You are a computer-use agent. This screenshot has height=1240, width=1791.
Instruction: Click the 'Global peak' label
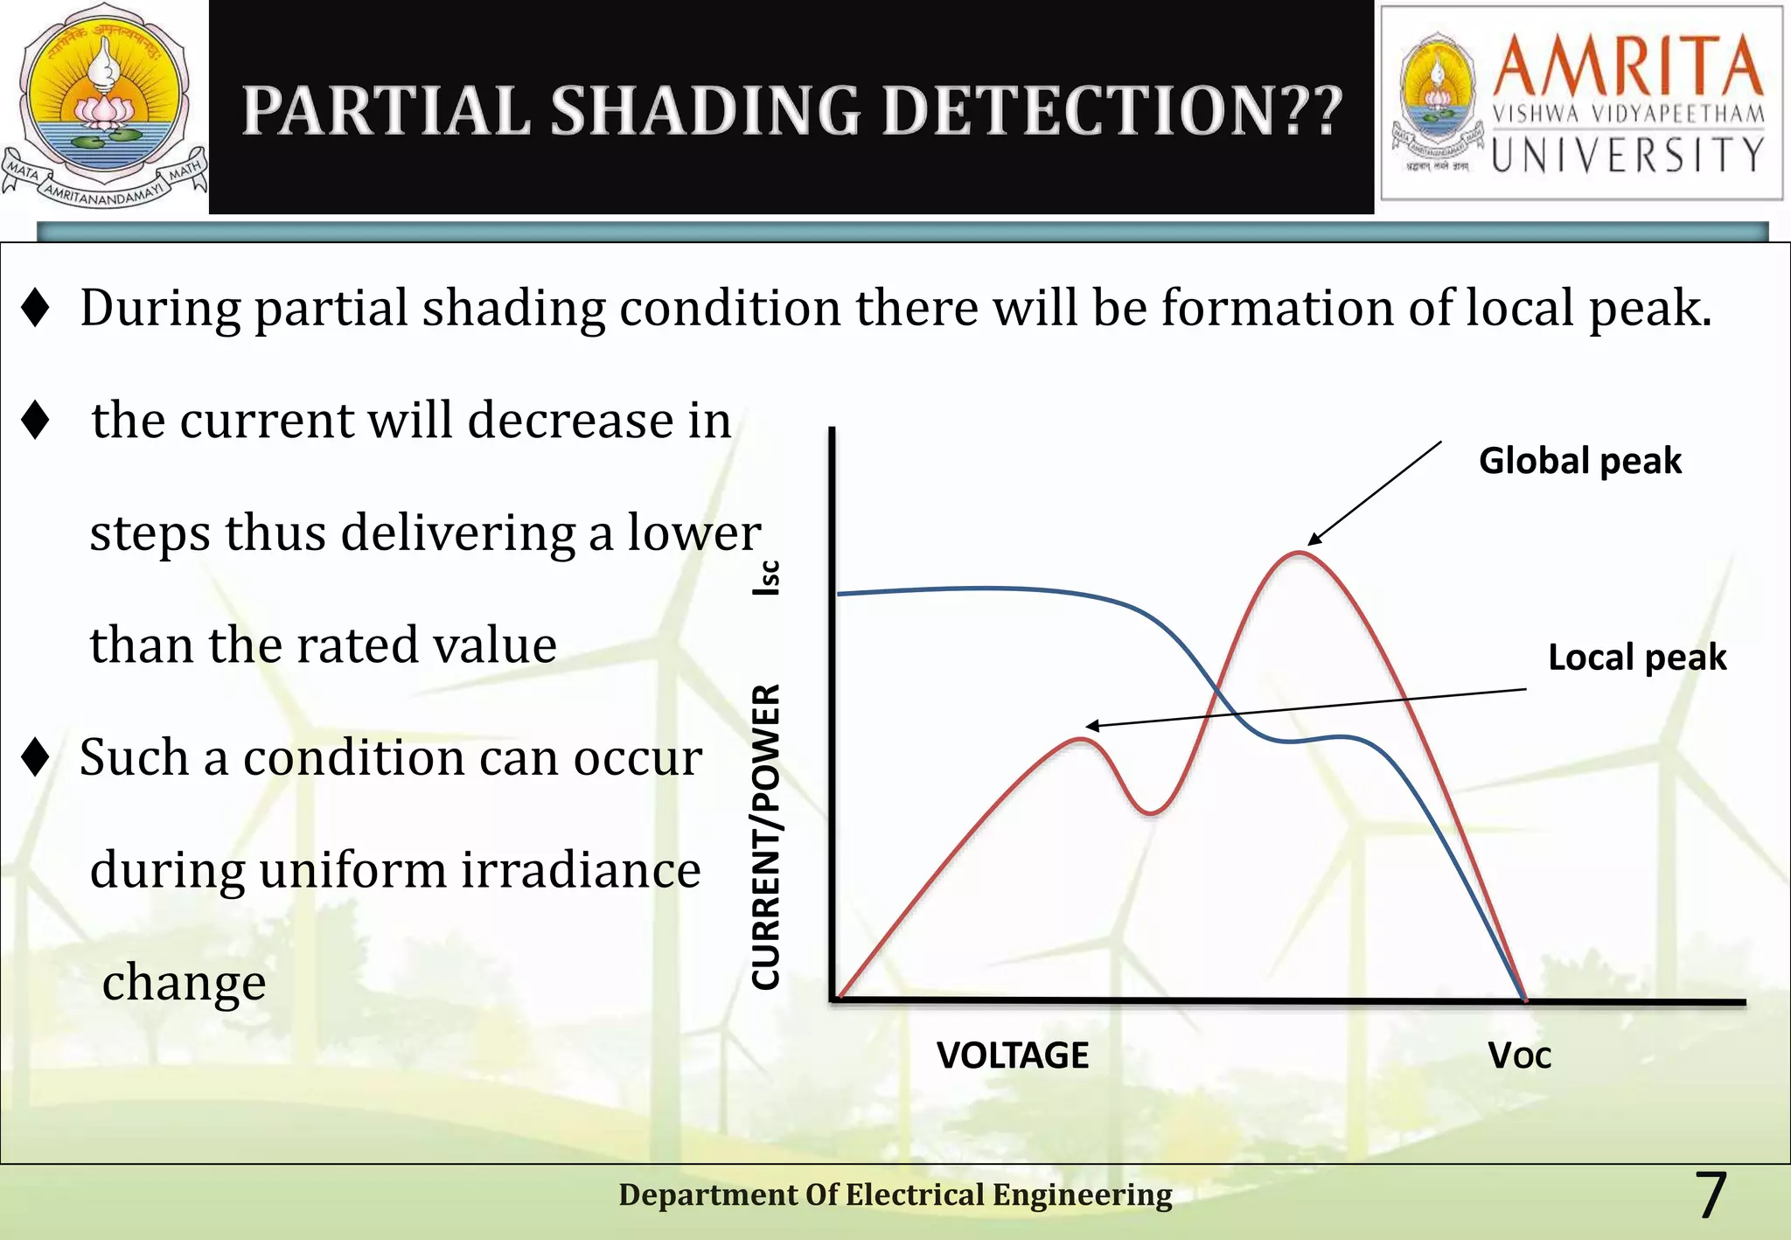click(x=1579, y=461)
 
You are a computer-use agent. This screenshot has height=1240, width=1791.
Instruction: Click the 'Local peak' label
click(x=1636, y=657)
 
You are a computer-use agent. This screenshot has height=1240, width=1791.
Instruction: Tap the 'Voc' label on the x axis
click(x=1519, y=1056)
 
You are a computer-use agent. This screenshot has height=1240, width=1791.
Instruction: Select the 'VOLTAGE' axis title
click(x=1012, y=1055)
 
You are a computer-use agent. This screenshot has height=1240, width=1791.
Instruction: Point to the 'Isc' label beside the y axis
click(x=766, y=578)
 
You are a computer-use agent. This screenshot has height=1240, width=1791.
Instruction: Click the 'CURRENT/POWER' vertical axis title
click(x=766, y=837)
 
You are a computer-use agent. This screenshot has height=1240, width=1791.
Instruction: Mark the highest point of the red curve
click(x=1300, y=554)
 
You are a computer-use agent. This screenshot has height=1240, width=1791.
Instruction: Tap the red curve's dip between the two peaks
click(x=1151, y=812)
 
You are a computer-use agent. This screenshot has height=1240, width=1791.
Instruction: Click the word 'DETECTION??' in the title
click(x=1112, y=111)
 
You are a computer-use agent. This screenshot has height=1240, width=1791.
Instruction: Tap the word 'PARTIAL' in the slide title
click(x=386, y=111)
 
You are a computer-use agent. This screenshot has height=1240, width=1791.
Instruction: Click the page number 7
click(x=1710, y=1195)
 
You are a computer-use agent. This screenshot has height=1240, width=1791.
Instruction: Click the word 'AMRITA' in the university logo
click(x=1627, y=66)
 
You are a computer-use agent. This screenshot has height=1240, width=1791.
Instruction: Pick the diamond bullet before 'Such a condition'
click(x=35, y=756)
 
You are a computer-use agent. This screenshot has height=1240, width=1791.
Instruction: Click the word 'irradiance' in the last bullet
click(x=581, y=870)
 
